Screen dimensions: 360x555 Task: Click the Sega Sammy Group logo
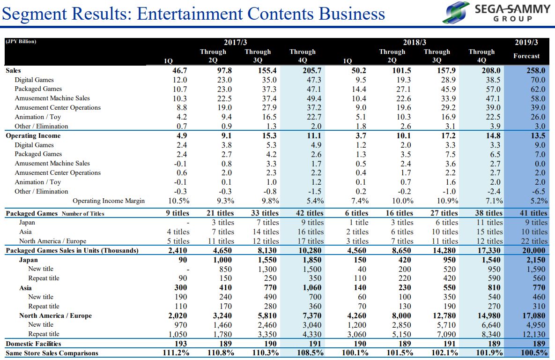point(496,13)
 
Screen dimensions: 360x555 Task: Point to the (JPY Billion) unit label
point(21,42)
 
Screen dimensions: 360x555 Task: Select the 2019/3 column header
point(526,43)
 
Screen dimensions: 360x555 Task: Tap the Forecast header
point(526,56)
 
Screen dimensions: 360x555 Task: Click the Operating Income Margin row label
point(108,201)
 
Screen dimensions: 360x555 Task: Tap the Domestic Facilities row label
point(33,344)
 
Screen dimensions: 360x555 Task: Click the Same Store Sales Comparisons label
point(52,353)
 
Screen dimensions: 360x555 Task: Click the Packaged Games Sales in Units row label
point(72,251)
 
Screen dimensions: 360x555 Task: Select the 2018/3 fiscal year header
point(414,43)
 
